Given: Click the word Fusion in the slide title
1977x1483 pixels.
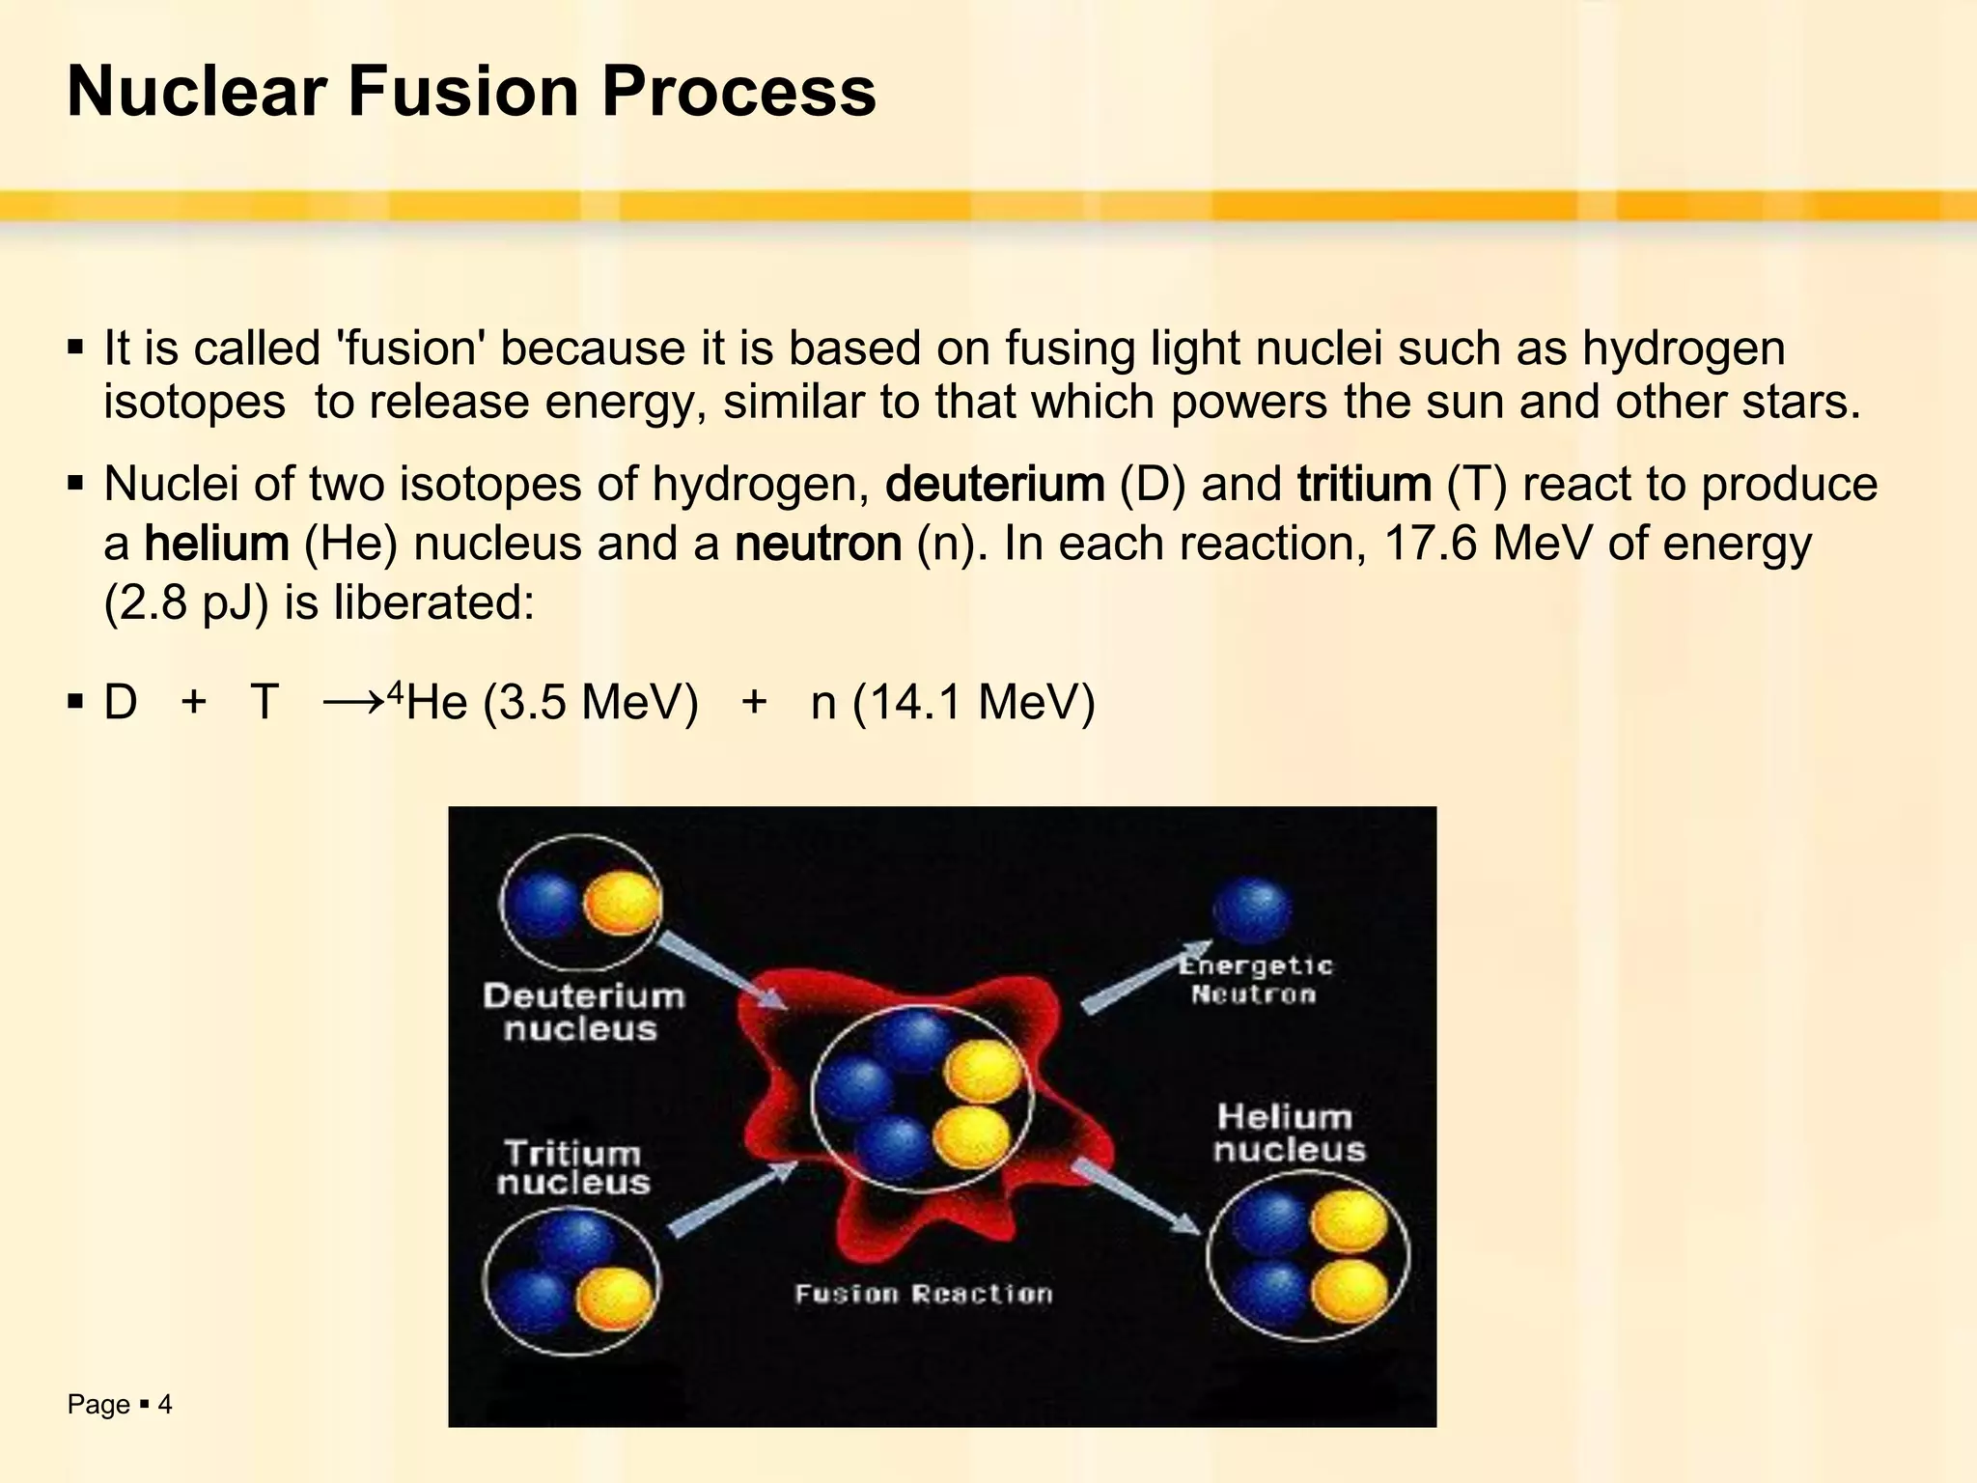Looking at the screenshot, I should pyautogui.click(x=463, y=92).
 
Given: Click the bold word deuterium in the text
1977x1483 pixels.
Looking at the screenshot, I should pyautogui.click(x=994, y=485).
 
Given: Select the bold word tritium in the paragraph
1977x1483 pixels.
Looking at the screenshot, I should pyautogui.click(x=1364, y=485).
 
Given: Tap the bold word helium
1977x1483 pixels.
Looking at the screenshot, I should pyautogui.click(x=216, y=545).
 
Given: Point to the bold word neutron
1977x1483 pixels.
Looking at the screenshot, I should pyautogui.click(x=818, y=545).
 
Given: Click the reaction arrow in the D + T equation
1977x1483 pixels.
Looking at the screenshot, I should pyautogui.click(x=353, y=702).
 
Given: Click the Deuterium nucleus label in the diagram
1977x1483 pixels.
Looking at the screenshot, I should pyautogui.click(x=583, y=1012).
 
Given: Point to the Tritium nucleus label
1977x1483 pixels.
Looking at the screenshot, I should pyautogui.click(x=573, y=1167).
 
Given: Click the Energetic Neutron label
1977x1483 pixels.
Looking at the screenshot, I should pyautogui.click(x=1255, y=980).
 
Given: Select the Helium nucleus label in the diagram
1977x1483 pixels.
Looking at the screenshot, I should pyautogui.click(x=1289, y=1133).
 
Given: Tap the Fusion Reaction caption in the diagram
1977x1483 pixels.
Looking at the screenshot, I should pyautogui.click(x=924, y=1294).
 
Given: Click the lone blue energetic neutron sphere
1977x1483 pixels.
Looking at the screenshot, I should pyautogui.click(x=1251, y=910).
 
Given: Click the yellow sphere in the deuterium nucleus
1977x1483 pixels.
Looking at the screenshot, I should pyautogui.click(x=623, y=904).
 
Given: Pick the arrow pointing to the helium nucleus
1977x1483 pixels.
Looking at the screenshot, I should pyautogui.click(x=1135, y=1197).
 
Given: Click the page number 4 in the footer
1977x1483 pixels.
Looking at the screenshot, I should pyautogui.click(x=165, y=1405).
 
